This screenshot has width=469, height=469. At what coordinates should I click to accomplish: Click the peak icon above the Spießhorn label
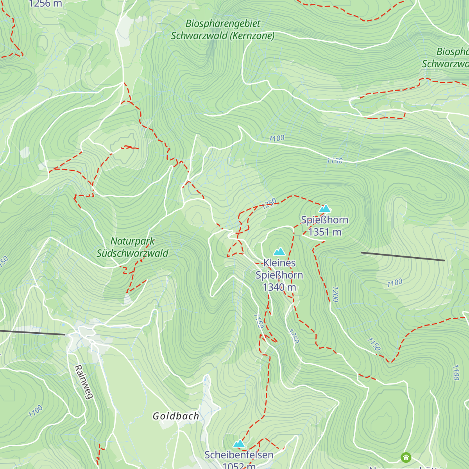325,209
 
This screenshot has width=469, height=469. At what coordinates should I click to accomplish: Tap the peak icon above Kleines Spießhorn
279,252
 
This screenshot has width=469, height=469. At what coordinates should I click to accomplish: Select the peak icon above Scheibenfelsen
239,444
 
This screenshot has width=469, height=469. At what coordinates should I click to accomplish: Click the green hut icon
406,457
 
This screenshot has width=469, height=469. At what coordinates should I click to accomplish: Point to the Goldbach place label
176,416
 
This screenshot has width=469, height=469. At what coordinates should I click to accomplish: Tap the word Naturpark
132,242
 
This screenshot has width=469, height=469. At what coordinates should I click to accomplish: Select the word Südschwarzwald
132,253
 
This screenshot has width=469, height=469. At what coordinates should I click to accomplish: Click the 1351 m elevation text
325,232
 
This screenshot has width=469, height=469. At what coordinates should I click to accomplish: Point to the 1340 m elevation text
279,287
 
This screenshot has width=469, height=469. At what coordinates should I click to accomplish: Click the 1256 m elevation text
45,4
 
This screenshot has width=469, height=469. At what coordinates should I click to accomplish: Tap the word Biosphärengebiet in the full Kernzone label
223,24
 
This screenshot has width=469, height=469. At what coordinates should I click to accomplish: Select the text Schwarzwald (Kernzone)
223,36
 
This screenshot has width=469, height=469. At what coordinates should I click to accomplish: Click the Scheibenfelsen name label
239,455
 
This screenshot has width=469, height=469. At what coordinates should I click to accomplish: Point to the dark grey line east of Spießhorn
403,256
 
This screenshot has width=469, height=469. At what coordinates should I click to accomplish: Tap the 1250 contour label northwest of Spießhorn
269,204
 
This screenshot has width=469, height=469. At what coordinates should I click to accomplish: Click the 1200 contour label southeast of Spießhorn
335,294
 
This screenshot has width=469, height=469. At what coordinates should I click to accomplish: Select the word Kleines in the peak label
279,263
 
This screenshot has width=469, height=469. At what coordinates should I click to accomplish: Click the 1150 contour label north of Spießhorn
335,161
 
